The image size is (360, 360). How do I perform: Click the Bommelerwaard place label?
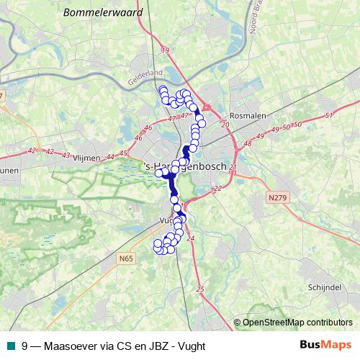coord(113,13)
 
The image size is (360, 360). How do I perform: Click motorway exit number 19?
coord(165,50)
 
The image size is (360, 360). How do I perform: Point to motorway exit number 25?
coord(199,289)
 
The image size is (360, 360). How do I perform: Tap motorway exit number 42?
coord(32,150)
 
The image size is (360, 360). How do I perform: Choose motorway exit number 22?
coord(217,189)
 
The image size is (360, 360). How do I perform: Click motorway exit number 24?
coord(190,238)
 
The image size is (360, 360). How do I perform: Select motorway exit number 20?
coord(225,125)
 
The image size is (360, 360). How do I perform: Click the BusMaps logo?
coord(325,346)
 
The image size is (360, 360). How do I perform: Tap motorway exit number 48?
coord(249,143)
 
